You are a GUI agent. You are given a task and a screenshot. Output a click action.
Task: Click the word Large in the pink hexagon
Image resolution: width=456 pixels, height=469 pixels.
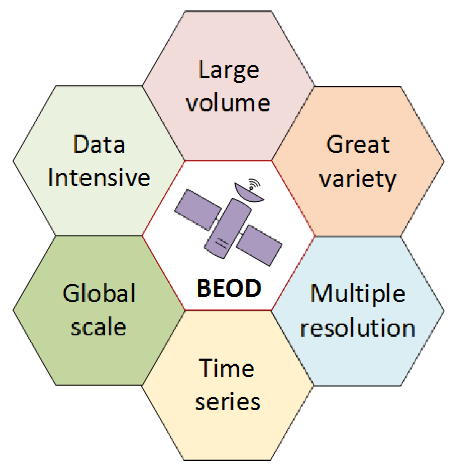coord(229,71)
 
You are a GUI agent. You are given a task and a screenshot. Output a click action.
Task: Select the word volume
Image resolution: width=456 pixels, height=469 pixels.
coord(228,103)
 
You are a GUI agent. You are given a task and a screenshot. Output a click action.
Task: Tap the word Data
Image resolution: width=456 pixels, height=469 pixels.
coord(99,145)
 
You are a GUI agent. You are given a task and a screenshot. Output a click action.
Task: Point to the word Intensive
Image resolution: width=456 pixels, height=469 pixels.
coord(99,178)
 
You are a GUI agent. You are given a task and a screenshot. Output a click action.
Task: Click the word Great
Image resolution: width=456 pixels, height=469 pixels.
coord(358,145)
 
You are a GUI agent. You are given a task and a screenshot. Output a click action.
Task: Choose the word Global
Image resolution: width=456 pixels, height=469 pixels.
coord(99,294)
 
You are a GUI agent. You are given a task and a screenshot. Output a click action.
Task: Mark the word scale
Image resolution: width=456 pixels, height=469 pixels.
coord(99,327)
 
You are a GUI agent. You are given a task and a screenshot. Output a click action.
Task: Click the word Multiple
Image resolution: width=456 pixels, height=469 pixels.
coord(358,294)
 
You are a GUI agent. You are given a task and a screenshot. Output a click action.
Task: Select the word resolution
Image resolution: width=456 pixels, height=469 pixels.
coord(358,328)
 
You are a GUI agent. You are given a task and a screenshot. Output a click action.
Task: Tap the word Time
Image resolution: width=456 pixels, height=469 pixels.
coord(227,368)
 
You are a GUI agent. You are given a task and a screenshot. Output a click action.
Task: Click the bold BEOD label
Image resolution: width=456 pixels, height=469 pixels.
coord(229,288)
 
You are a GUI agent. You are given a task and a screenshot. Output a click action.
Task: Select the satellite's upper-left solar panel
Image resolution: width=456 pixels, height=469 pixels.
coord(198,210)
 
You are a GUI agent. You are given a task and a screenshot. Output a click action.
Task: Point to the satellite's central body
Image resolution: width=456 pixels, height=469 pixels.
coord(228,228)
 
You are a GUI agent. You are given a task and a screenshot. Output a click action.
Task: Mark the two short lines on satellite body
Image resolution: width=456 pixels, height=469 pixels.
coord(221,243)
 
